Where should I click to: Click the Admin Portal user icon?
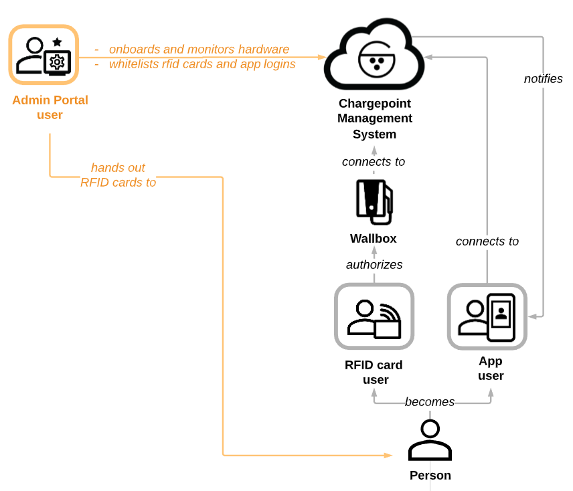(x=44, y=55)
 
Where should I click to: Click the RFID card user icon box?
(x=374, y=316)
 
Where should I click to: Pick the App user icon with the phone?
(x=487, y=316)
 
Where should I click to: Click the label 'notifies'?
(x=543, y=79)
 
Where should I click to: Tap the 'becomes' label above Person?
(x=429, y=402)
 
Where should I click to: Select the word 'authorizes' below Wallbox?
(x=374, y=265)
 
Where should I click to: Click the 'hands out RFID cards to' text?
(x=118, y=175)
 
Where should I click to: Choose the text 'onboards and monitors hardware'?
(x=199, y=50)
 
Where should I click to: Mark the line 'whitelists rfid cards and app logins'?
(x=201, y=64)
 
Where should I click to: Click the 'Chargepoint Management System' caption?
(x=375, y=119)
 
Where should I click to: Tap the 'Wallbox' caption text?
(x=374, y=239)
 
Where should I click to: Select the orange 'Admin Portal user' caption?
(x=50, y=108)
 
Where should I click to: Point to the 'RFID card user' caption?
(x=374, y=373)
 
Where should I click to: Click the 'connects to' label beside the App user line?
(x=487, y=241)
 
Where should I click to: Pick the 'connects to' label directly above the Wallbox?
(x=374, y=162)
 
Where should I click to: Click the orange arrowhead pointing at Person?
(x=388, y=456)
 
